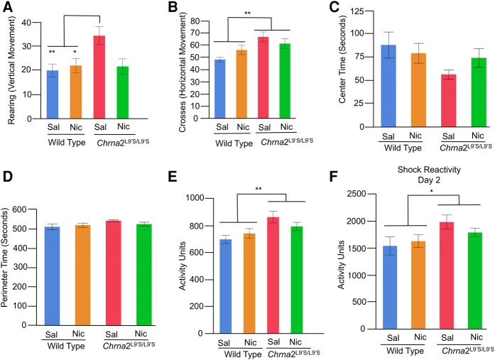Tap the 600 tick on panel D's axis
(x=32, y=211)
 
